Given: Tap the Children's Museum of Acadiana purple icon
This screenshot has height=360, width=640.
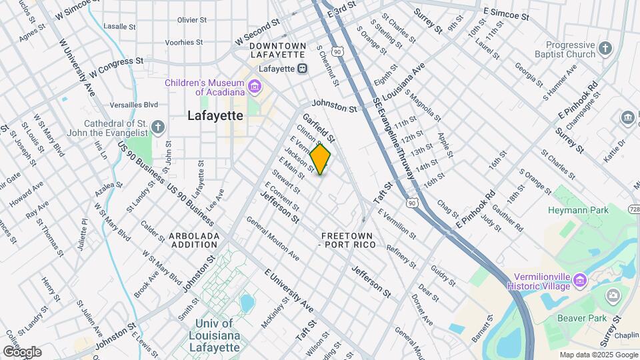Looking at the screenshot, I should [x=254, y=87].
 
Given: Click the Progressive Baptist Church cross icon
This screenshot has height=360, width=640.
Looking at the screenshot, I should [x=605, y=49].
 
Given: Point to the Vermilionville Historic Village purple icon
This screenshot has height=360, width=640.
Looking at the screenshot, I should [x=580, y=281].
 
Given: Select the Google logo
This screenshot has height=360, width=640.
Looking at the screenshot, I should [x=22, y=351].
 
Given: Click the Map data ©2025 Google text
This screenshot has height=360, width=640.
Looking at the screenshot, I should [x=598, y=355].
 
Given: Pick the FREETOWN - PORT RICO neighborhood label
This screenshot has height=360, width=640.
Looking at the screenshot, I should [x=348, y=241].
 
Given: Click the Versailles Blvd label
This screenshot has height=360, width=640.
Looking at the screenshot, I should [x=136, y=105].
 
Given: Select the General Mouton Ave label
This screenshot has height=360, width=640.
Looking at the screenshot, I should [x=273, y=238].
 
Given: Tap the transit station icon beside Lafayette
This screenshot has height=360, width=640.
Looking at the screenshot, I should [x=303, y=68].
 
